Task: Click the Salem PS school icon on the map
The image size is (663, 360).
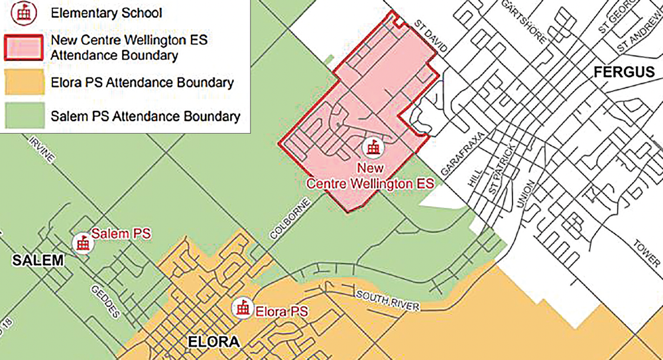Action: pos(83,242)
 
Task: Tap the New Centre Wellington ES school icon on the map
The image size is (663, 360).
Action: pos(374,147)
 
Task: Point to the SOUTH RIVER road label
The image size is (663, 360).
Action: pos(387,300)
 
